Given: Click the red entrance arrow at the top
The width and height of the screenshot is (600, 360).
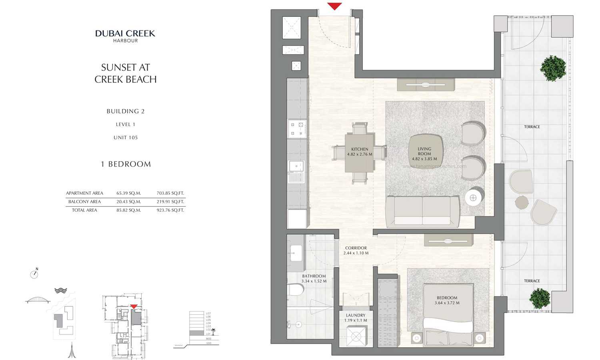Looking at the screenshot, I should coord(334,6).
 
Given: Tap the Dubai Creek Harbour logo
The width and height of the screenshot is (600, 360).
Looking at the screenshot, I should coord(125,36).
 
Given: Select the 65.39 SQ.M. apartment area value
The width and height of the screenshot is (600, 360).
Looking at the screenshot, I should coord(128,193).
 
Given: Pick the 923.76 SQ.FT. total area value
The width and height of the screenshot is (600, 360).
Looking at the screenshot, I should coord(170,210).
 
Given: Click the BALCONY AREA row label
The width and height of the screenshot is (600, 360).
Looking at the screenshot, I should coord(84,202).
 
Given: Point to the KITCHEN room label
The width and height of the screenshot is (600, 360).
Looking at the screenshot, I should coord(360,152).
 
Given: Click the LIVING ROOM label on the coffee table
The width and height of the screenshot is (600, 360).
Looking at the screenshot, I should coord(424,154).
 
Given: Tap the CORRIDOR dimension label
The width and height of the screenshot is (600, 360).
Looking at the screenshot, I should coord(356,250).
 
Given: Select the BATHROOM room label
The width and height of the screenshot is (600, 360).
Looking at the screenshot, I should coord(314,278).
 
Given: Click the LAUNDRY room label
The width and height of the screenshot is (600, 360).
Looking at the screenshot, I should coord(356,318).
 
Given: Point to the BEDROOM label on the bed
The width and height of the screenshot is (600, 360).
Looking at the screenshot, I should coord(447,300).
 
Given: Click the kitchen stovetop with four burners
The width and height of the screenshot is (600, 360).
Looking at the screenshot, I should coord(297,129).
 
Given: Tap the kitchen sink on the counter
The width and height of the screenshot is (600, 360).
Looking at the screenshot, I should coord(296,166).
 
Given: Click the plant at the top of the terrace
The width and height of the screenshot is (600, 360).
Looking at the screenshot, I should coord(553,68).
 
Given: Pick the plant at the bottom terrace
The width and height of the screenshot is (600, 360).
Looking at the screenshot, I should coord(540,298).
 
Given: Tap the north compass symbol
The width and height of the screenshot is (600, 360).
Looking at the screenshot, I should coord(34,274).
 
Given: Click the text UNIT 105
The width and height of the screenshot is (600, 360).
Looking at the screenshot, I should coord(126,138).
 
